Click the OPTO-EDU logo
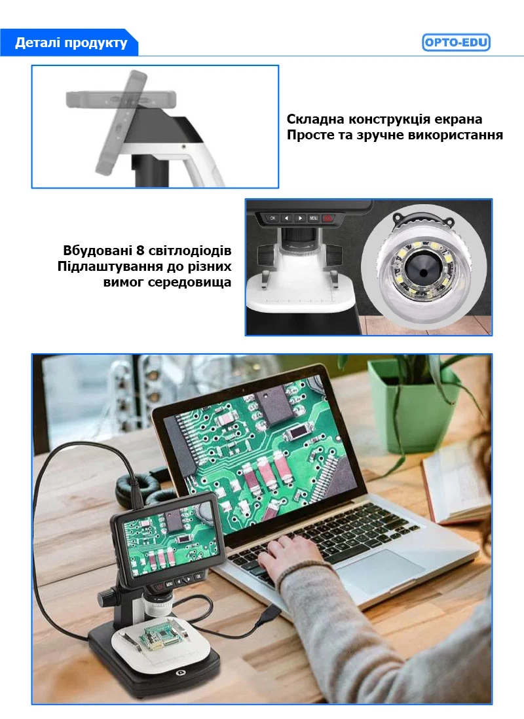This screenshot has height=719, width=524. coord(456,43)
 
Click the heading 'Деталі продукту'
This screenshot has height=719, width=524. coord(71,43)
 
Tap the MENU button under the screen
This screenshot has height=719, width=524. coord(313,218)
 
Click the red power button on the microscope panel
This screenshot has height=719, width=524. coord(328,218)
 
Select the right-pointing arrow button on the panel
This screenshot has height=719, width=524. coord(299,218)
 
